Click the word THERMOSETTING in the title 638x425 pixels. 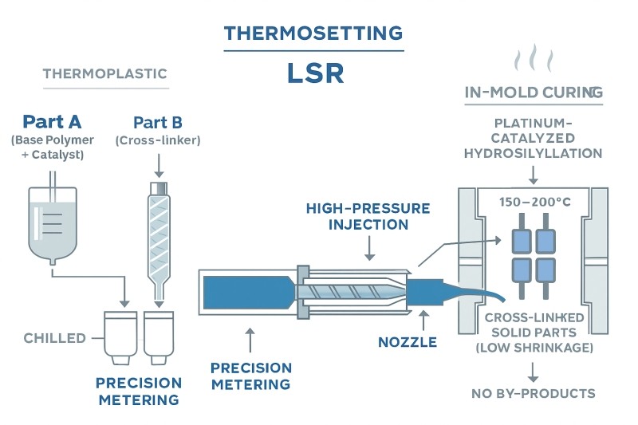coord(313,33)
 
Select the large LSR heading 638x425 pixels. coord(315,73)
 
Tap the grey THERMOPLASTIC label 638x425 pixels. coord(104,74)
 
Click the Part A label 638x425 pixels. coord(52,122)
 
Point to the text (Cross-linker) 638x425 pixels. coord(157,140)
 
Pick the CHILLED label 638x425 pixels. coord(54,338)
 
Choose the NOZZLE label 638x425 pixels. coord(408,343)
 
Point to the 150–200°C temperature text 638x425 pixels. coord(534,202)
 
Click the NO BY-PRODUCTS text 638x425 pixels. coord(533,393)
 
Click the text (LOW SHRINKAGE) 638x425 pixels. coord(533,348)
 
